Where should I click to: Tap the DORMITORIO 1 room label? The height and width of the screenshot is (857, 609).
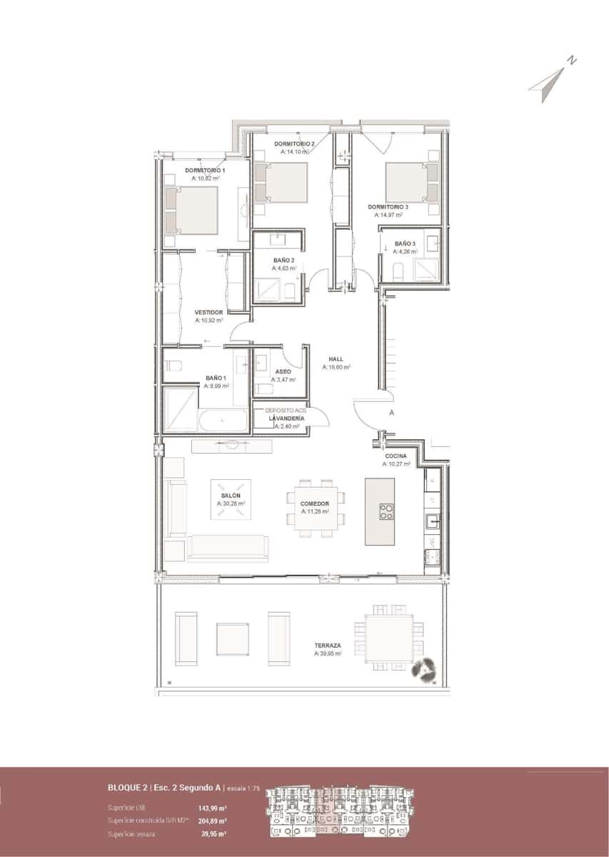[205, 171]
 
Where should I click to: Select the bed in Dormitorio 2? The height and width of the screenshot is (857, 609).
[281, 183]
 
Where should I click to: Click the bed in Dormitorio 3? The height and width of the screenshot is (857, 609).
[411, 183]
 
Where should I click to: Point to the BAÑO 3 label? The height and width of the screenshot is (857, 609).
[405, 244]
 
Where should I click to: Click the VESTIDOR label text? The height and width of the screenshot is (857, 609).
[209, 313]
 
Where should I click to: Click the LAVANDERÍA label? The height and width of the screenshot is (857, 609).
[286, 419]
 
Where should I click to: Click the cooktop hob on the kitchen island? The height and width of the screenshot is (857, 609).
[386, 511]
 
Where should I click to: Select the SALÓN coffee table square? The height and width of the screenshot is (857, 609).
[231, 499]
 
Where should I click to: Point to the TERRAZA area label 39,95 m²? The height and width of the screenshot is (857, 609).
[328, 653]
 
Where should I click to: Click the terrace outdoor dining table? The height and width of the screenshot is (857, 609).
[388, 636]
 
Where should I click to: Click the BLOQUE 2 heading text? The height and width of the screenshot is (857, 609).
[128, 788]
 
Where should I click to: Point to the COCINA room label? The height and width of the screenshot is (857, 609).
[396, 456]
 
